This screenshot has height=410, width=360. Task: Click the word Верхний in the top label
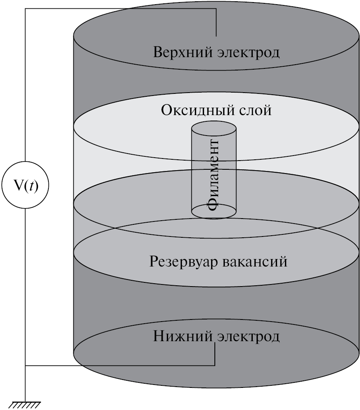pos(178,53)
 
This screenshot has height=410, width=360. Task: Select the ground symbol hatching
pos(25,404)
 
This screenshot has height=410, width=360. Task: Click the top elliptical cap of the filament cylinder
pos(214,130)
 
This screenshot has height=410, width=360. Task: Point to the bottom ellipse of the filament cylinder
pos(214,211)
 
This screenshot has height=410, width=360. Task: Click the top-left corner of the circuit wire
pos(25,9)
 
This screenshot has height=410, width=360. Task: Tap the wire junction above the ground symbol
pos(25,366)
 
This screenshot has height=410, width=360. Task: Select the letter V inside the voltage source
pos(19,184)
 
